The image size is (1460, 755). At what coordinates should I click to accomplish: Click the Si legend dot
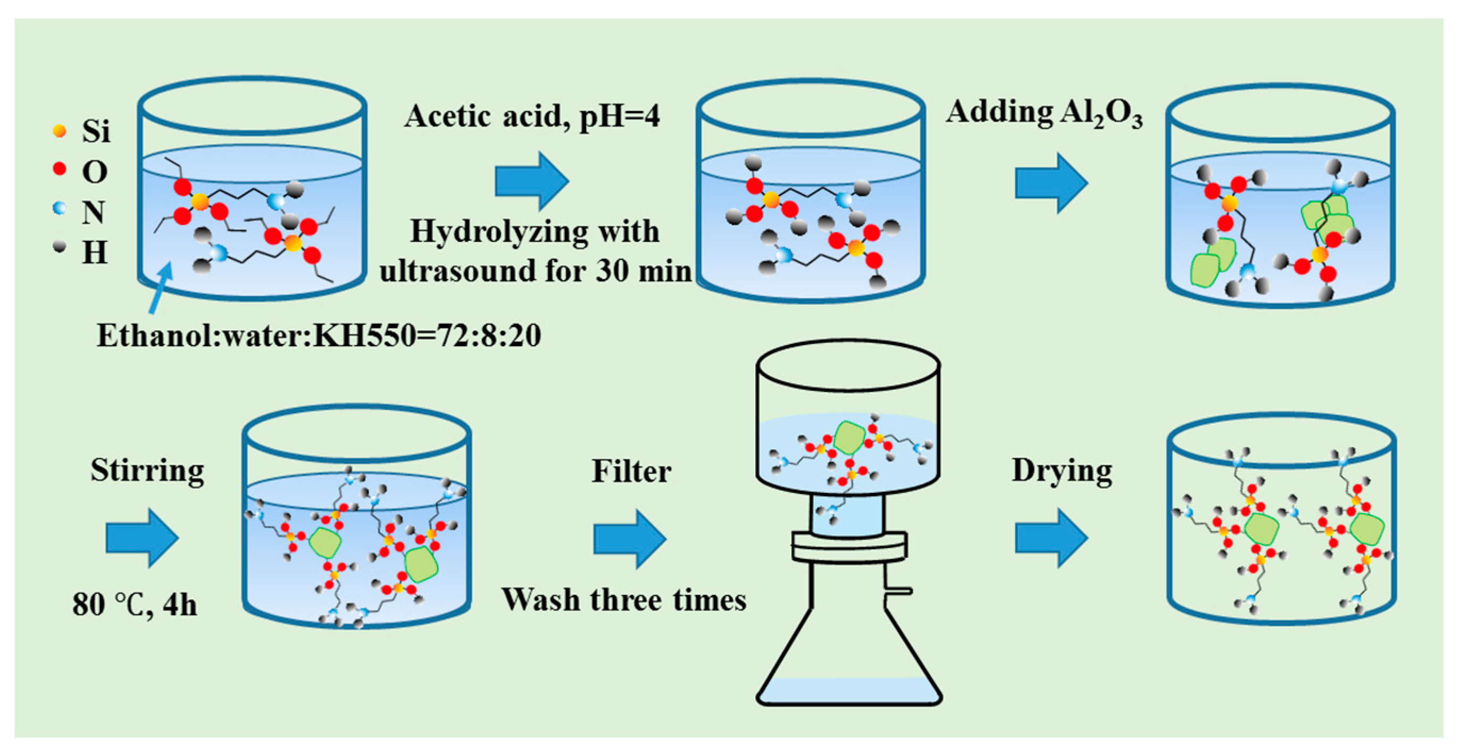point(59,131)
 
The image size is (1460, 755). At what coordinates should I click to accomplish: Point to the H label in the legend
point(95,253)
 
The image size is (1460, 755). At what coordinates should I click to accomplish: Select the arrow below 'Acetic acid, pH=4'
point(531,181)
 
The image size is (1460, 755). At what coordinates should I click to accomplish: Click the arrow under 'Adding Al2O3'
point(1050,183)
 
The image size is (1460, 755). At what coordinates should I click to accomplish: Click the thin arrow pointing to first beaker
point(161,288)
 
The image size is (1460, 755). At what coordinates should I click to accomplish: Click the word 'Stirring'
point(147,470)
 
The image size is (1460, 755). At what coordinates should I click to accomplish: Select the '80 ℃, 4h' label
point(135,605)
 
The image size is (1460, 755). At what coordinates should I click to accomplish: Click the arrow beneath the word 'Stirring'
point(141,538)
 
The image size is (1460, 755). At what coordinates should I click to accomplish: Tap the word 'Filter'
point(631,471)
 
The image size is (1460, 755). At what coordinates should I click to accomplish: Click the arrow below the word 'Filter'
point(629,539)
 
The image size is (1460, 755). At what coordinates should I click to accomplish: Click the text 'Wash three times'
point(623,600)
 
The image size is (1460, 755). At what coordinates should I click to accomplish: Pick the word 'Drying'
point(1062,470)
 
